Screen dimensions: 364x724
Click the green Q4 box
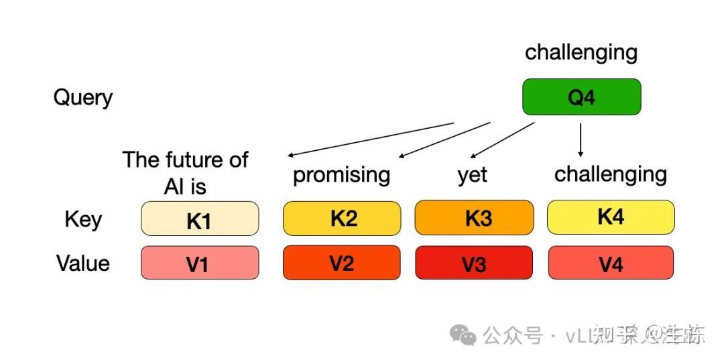click(x=581, y=97)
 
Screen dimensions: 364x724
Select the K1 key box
click(x=199, y=219)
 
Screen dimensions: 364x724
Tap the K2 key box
click(x=342, y=219)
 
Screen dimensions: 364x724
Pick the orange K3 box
click(x=474, y=219)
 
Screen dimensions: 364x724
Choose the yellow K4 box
click(x=611, y=217)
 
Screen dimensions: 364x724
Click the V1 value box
click(x=199, y=263)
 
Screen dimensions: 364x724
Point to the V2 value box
click(x=342, y=262)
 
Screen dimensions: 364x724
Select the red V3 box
click(x=474, y=263)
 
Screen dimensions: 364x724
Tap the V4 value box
click(x=611, y=263)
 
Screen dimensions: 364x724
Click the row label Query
click(x=83, y=98)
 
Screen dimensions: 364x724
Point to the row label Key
click(x=83, y=219)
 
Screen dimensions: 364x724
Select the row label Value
click(x=83, y=263)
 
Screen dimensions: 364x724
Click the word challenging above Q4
click(x=581, y=52)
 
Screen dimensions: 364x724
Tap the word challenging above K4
click(x=611, y=174)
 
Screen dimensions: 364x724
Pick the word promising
click(x=342, y=175)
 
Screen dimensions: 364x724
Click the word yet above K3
click(x=473, y=176)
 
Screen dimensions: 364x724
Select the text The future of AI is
click(x=186, y=172)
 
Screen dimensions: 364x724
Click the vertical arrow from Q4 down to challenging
click(x=581, y=139)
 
